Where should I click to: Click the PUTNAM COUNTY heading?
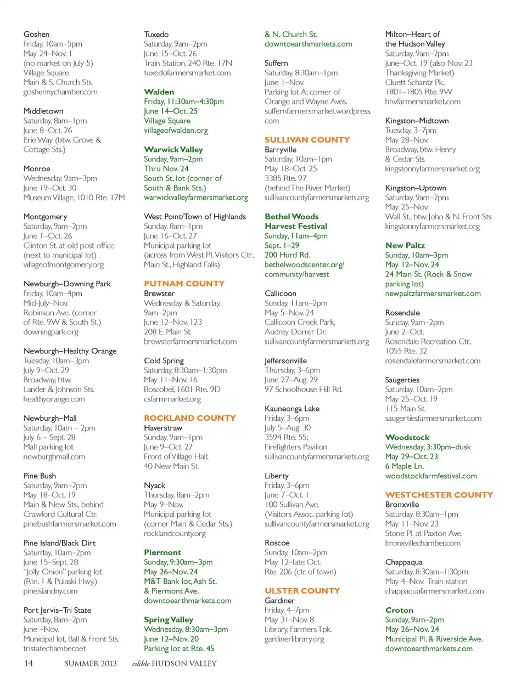coord(184,284)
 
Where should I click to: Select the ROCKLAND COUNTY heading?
coord(190,418)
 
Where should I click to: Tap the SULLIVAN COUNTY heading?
coord(307,140)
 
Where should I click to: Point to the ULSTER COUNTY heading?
coord(302,591)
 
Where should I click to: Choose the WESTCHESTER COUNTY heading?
coord(439,495)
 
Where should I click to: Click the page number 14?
coord(29,663)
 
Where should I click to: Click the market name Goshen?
coord(36,34)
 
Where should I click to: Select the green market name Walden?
coord(159,92)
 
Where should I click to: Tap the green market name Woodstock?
coord(407,437)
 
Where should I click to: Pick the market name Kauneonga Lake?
coord(292,409)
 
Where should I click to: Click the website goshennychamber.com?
coord(60,92)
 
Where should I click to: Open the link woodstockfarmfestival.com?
coord(431,476)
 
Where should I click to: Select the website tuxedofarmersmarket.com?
coord(187,72)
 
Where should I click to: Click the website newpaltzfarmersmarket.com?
coord(433,293)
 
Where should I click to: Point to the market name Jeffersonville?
coord(285,360)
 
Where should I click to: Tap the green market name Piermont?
coord(162,552)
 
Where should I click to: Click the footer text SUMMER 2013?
coord(91,663)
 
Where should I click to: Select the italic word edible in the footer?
coord(141,663)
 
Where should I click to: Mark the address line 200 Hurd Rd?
coord(287,255)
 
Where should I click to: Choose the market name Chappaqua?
coord(403,562)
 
